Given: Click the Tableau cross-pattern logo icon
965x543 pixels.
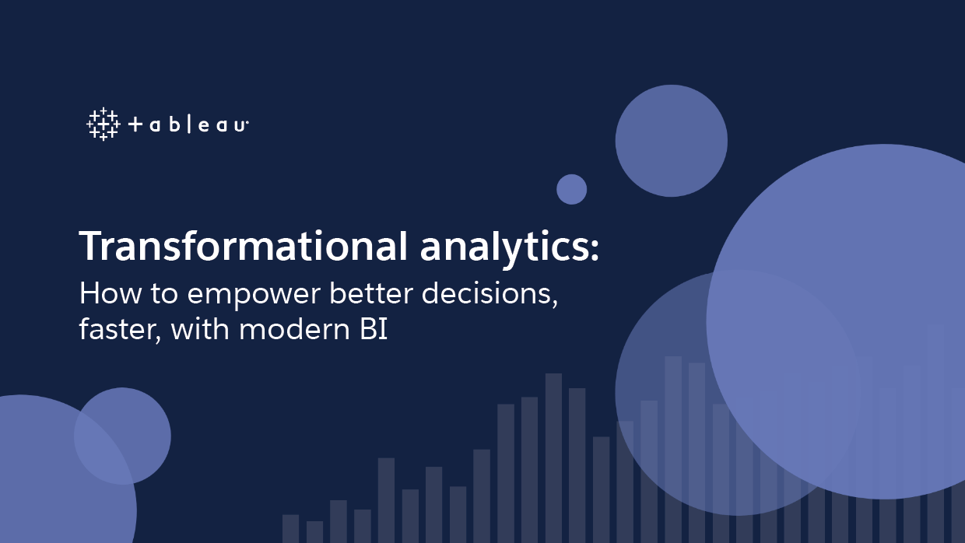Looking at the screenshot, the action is pyautogui.click(x=104, y=124).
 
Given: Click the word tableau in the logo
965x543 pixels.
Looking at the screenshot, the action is pyautogui.click(x=188, y=124).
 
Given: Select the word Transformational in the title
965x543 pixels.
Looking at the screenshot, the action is pyautogui.click(x=244, y=246).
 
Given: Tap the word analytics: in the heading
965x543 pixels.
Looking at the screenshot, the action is pyautogui.click(x=510, y=247).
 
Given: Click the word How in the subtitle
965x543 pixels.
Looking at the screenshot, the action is pyautogui.click(x=111, y=293).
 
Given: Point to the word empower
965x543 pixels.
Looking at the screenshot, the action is pyautogui.click(x=254, y=295).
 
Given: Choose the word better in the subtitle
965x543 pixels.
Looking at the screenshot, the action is pyautogui.click(x=371, y=293).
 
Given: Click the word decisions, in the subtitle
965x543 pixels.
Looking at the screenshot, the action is pyautogui.click(x=490, y=294).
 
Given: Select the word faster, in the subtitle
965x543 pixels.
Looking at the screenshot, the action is pyautogui.click(x=121, y=331).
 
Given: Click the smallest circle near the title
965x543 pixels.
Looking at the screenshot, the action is pyautogui.click(x=572, y=190).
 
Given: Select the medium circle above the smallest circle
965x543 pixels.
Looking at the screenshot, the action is pyautogui.click(x=671, y=141).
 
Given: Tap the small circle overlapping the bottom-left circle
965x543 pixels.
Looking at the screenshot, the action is pyautogui.click(x=122, y=436).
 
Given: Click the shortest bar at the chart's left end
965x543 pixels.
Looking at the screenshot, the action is pyautogui.click(x=314, y=532).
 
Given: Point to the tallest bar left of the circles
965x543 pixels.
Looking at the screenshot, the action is pyautogui.click(x=553, y=458).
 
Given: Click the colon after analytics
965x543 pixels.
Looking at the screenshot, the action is pyautogui.click(x=595, y=249).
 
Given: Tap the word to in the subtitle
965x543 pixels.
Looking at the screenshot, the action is pyautogui.click(x=164, y=294).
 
